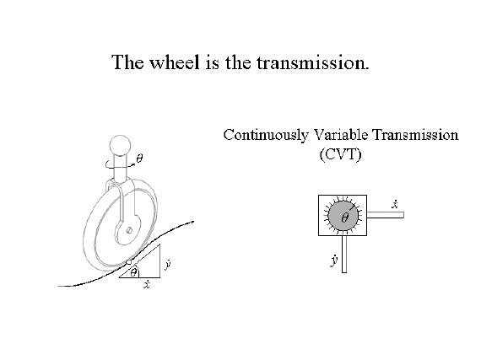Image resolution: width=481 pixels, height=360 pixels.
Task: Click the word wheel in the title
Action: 174,62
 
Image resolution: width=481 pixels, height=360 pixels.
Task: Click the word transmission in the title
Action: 312,62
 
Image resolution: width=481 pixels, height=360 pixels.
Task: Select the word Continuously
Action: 266,135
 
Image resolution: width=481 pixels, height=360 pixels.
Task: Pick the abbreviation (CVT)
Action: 341,154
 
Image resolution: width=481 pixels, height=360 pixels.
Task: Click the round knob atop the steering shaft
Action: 120,146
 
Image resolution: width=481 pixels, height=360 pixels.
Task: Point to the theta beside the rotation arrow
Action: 139,159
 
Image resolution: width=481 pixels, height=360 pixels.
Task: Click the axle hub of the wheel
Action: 129,230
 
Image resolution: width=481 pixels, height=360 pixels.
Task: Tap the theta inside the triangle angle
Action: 133,272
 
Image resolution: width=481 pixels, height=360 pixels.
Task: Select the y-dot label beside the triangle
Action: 167,264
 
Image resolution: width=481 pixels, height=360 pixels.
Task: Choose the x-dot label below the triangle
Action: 147,285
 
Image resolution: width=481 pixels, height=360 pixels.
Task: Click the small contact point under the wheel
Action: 129,262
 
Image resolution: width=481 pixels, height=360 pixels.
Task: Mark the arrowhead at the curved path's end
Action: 192,222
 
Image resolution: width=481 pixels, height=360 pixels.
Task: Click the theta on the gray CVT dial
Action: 345,218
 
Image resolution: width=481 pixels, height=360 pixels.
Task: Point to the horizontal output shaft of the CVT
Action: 386,215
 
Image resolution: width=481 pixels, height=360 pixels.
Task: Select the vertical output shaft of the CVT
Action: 344,254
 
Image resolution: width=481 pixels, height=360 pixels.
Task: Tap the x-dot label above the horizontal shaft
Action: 395,204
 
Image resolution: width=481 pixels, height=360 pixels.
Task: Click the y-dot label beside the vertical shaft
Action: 334,261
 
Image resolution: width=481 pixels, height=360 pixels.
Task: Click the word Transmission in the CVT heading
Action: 416,135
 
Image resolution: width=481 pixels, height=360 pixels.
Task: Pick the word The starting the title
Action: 127,62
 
